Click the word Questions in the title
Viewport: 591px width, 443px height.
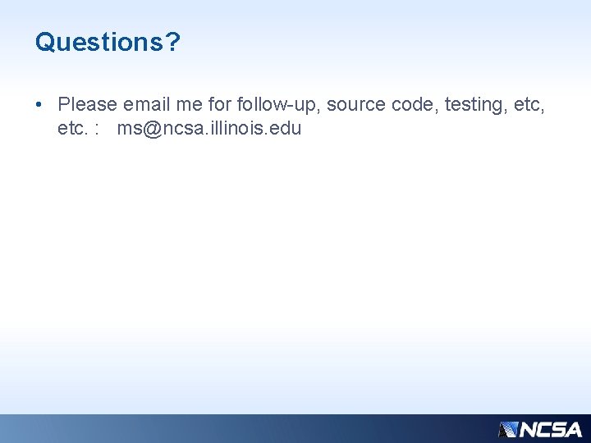click(99, 42)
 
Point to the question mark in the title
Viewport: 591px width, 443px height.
click(172, 42)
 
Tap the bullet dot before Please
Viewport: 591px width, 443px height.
click(39, 105)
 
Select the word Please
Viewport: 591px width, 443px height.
click(88, 105)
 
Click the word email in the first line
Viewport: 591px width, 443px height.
click(147, 105)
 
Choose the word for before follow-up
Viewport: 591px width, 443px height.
click(222, 105)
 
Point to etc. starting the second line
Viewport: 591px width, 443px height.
click(73, 129)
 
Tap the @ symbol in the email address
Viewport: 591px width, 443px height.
click(150, 130)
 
